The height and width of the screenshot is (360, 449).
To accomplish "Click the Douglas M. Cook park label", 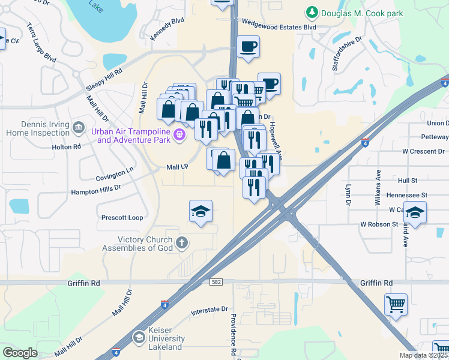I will pyautogui.click(x=362, y=13).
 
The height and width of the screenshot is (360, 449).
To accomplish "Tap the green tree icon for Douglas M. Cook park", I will pyautogui.click(x=312, y=13).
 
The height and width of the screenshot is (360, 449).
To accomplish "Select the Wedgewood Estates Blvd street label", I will pyautogui.click(x=279, y=27).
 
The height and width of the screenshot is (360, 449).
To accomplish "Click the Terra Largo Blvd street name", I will pyautogui.click(x=41, y=43).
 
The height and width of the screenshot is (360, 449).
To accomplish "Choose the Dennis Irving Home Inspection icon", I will pyautogui.click(x=78, y=127).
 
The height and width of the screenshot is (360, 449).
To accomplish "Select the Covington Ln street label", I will pyautogui.click(x=115, y=175).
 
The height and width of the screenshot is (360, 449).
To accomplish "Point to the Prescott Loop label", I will pyautogui.click(x=122, y=218).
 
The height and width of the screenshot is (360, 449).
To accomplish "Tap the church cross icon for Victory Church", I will pyautogui.click(x=182, y=244).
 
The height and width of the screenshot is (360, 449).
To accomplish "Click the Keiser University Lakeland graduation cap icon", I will pyautogui.click(x=139, y=338).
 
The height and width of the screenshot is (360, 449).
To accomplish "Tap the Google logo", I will pyautogui.click(x=20, y=353).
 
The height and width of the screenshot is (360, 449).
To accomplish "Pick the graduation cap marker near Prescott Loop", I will pyautogui.click(x=201, y=211).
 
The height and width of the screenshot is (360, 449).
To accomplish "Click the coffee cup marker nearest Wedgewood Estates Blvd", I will pyautogui.click(x=247, y=46).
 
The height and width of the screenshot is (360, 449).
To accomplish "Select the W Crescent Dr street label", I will pyautogui.click(x=422, y=151).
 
